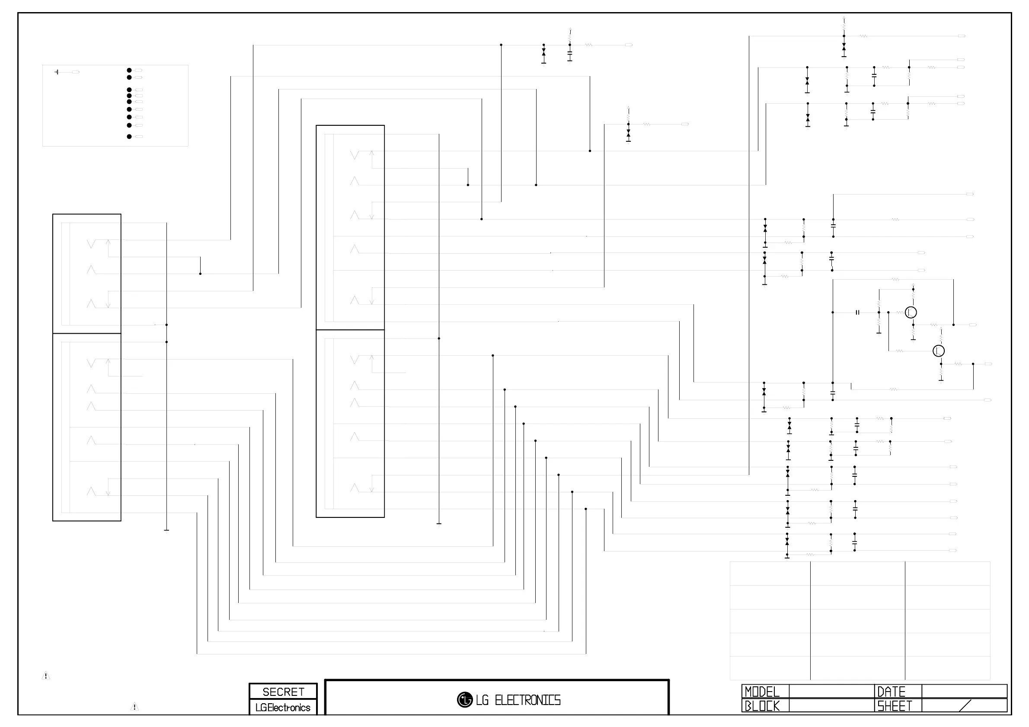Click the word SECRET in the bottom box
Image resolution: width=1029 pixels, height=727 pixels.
pos(283,692)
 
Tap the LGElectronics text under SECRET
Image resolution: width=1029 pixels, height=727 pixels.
pos(283,708)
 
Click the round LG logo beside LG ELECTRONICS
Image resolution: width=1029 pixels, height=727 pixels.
pos(465,700)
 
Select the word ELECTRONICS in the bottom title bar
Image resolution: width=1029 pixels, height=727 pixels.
pos(527,700)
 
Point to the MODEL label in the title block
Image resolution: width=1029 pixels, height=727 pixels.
pos(762,692)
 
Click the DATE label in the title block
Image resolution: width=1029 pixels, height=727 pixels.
pos(891,692)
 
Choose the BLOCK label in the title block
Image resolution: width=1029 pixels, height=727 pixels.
pos(762,706)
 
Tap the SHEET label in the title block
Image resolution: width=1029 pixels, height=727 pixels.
pos(895,706)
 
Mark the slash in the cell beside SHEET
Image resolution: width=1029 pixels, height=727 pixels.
pos(965,706)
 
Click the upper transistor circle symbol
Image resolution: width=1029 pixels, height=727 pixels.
pos(911,312)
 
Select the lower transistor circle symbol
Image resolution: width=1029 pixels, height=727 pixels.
pos(939,351)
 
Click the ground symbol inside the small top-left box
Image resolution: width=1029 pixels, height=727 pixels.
pos(57,72)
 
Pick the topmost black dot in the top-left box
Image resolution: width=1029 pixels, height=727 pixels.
pos(129,70)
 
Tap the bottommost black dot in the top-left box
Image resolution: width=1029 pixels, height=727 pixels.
pos(129,137)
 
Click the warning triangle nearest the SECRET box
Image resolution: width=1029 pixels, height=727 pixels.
pos(134,707)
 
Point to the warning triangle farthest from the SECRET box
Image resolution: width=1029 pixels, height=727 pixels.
pos(46,676)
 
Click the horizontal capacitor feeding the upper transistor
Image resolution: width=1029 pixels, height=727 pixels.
pos(857,312)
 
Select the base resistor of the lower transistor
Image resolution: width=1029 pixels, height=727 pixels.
pos(899,351)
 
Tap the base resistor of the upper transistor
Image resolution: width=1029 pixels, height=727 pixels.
pos(899,312)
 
